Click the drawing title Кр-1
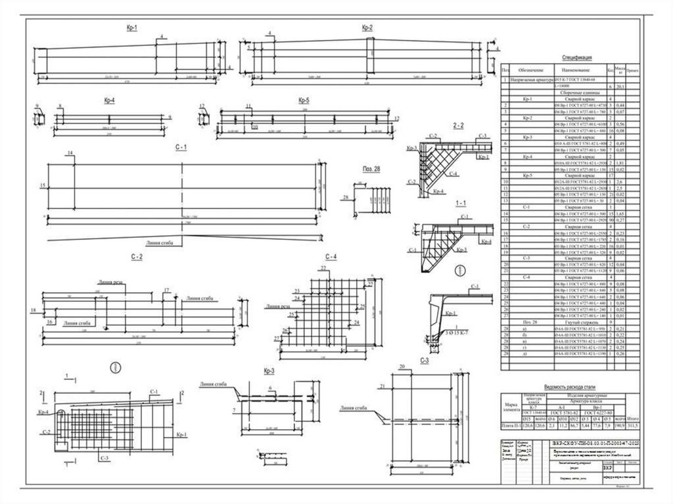click(x=131, y=28)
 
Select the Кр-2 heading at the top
click(x=367, y=28)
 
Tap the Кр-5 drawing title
click(x=303, y=101)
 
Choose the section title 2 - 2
click(x=458, y=125)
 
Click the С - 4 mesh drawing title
click(x=331, y=256)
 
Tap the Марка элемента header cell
click(x=511, y=405)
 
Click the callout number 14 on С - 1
click(x=68, y=153)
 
